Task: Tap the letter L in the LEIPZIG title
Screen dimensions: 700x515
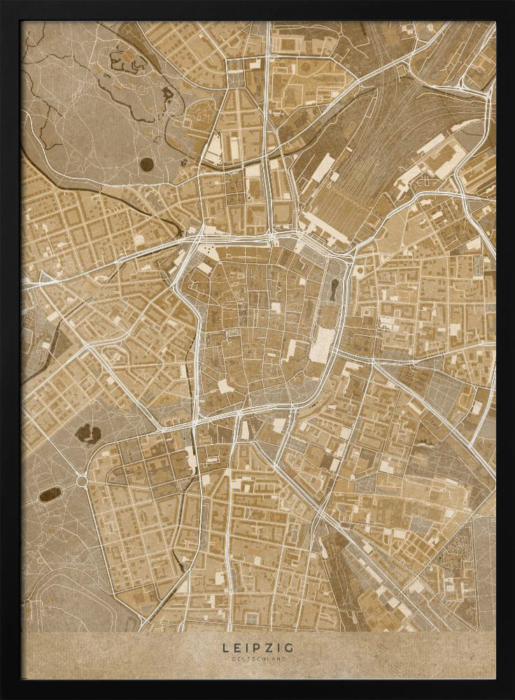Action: pos(225,648)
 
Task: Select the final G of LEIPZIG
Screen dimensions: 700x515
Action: pos(289,648)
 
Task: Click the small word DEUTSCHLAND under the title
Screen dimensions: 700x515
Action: pos(257,659)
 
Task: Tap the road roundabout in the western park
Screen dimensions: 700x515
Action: pos(82,481)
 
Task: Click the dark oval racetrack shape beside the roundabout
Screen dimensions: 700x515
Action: pos(50,494)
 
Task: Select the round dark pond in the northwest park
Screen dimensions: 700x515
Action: pos(146,164)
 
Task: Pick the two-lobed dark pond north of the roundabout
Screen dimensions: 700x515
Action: pos(87,433)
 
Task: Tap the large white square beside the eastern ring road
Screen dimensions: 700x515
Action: pos(323,345)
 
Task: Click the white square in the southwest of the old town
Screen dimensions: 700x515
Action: pos(225,386)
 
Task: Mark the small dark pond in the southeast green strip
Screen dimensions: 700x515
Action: pos(425,442)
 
